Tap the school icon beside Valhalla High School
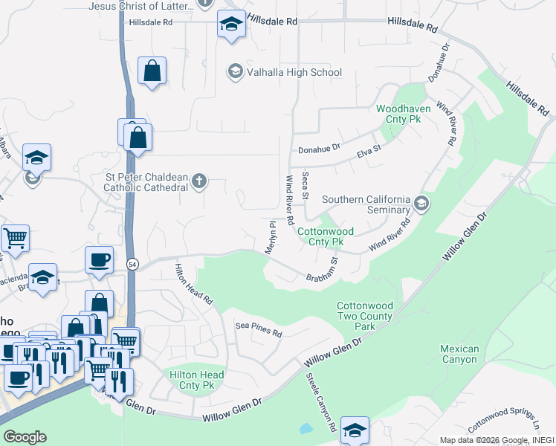click(235, 71)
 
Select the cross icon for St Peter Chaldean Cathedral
click(198, 181)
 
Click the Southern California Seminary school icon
click(421, 203)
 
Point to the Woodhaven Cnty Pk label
click(404, 114)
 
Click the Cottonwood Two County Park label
click(364, 316)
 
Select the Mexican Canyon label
click(459, 354)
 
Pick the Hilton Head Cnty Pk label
click(192, 381)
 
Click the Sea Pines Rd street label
click(259, 329)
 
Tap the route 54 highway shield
click(131, 264)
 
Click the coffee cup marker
click(99, 259)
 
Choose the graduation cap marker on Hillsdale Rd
click(232, 24)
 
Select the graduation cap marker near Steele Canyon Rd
click(355, 429)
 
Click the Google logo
click(25, 437)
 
